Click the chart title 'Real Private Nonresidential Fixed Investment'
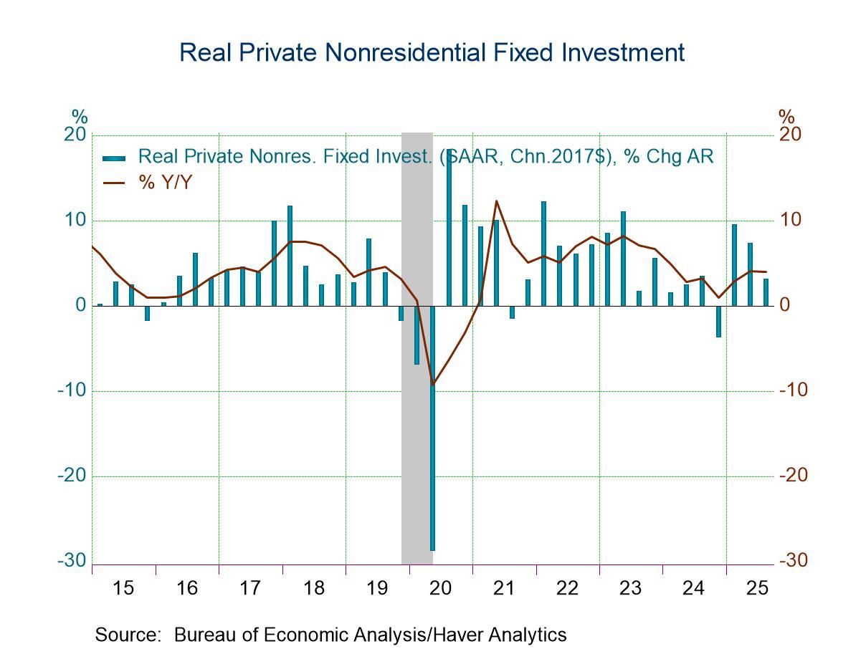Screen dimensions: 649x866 click(x=432, y=53)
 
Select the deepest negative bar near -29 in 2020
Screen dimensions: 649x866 click(x=432, y=430)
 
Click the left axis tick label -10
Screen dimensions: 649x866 click(x=72, y=390)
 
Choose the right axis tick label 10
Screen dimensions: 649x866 click(x=791, y=220)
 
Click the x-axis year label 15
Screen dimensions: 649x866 click(x=123, y=589)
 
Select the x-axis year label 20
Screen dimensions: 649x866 click(x=440, y=589)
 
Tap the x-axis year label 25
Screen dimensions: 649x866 click(x=757, y=589)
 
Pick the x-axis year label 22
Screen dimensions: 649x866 click(x=567, y=589)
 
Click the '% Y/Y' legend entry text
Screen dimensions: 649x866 click(x=166, y=182)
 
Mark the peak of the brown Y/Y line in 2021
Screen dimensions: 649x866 click(x=496, y=201)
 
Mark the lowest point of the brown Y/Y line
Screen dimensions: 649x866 click(x=432, y=384)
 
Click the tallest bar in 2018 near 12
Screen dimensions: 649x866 click(x=290, y=256)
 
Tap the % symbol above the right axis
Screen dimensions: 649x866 click(x=786, y=117)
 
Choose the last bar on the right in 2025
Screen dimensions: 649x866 click(x=766, y=292)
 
